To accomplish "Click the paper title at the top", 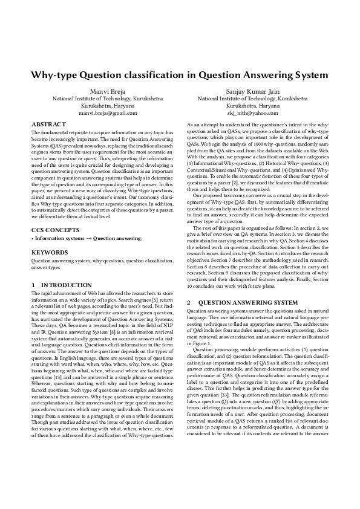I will tap(180, 75).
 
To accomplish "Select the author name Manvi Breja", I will tap(108, 91).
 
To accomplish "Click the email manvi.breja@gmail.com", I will tap(108, 113).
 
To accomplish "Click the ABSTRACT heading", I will tap(48, 124).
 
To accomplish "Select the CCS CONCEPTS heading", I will tap(55, 230).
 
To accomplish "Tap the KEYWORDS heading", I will tap(49, 252).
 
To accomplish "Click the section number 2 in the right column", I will tap(189, 302).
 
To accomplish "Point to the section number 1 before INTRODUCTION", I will tap(33, 285).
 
